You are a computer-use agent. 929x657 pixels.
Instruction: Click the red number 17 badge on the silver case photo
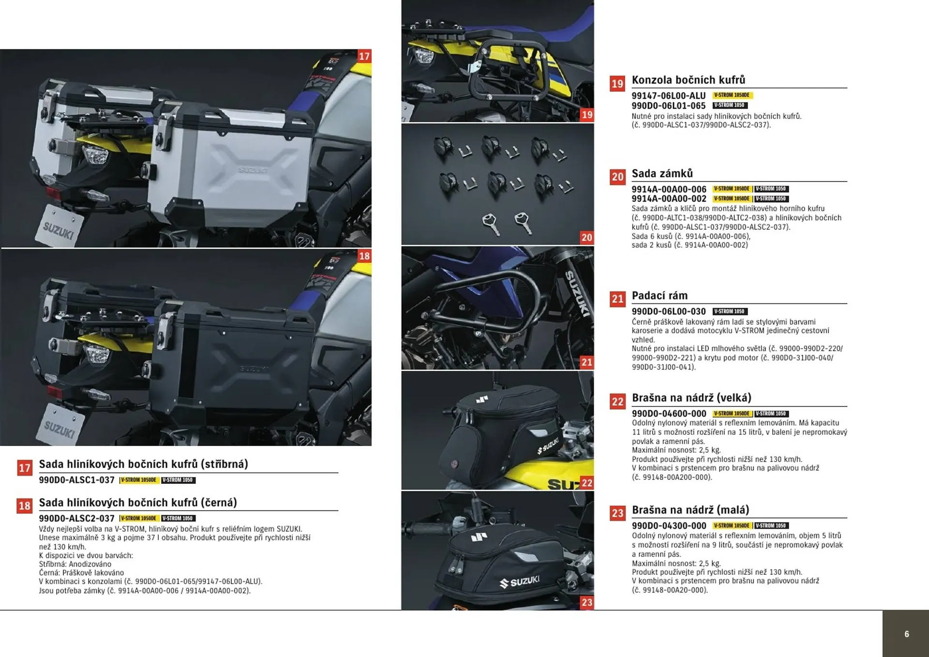coord(364,56)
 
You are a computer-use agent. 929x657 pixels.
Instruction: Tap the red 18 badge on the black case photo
coord(364,256)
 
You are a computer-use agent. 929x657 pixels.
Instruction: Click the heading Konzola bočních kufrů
coord(688,80)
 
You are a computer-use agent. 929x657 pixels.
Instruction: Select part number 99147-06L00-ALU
coord(668,96)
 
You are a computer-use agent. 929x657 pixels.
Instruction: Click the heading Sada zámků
coord(662,173)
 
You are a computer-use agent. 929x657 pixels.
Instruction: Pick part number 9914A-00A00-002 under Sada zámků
coord(669,199)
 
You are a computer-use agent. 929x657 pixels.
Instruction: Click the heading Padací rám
coord(659,296)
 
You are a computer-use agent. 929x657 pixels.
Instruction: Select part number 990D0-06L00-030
coord(668,312)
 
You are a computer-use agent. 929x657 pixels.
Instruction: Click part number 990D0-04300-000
coord(669,526)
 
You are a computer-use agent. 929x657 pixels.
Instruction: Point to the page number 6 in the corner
coord(906,634)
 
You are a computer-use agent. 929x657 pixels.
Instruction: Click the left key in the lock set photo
coord(490,224)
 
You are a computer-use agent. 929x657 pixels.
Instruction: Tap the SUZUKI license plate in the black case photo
coord(60,426)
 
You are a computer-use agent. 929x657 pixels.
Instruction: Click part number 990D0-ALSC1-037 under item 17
coord(76,480)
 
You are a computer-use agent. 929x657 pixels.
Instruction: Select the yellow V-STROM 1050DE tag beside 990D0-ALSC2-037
coord(138,518)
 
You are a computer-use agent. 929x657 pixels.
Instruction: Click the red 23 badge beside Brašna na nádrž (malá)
coord(617,513)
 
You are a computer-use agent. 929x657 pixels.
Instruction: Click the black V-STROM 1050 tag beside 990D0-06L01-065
coord(730,105)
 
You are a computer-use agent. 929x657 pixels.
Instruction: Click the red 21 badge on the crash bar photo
coord(586,362)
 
